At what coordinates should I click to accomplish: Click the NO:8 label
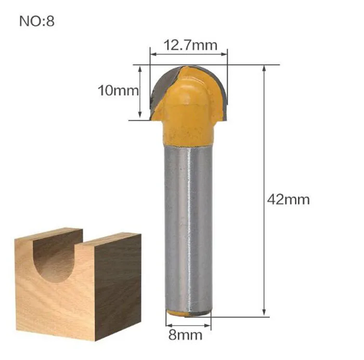[37, 21]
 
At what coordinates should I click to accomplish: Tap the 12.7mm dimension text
[190, 45]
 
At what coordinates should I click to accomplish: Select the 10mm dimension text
[118, 90]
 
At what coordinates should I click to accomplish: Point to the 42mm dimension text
[288, 199]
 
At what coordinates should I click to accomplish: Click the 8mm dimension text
[185, 335]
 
